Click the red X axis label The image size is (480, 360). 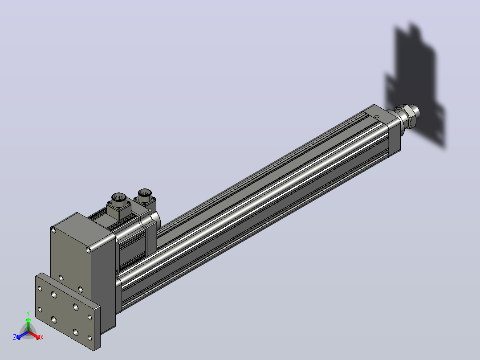click(42, 337)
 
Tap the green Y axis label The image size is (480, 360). click(28, 314)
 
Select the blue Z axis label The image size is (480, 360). click(15, 337)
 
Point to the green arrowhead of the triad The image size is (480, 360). click(28, 320)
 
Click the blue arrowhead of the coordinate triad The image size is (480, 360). click(19, 337)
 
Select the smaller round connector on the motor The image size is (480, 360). click(145, 194)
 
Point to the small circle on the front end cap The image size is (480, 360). click(377, 116)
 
